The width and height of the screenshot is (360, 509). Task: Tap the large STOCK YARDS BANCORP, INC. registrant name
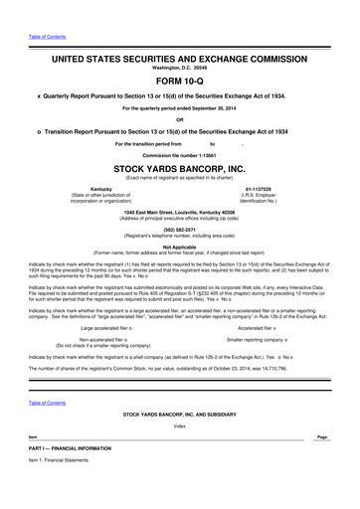pyautogui.click(x=179, y=170)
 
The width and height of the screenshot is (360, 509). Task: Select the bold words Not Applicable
pyautogui.click(x=179, y=247)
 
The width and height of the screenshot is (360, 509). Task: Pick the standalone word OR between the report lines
pyautogui.click(x=179, y=120)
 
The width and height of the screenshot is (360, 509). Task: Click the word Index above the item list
pyautogui.click(x=179, y=425)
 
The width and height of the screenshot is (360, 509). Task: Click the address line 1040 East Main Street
pyautogui.click(x=179, y=211)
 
